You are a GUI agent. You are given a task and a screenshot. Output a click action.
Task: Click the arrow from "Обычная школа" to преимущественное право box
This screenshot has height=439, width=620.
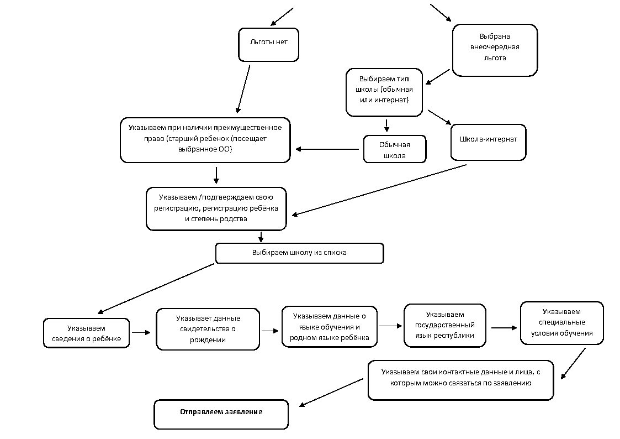327,149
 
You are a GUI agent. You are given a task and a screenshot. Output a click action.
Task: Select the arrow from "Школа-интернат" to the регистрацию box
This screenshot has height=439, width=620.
379,190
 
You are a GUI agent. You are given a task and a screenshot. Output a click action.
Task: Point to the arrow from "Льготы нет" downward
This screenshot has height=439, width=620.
243,89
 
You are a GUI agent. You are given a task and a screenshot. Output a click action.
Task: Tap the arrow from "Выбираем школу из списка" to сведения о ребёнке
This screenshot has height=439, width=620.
156,289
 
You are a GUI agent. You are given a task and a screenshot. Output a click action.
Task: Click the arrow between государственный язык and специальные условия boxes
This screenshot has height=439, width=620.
504,328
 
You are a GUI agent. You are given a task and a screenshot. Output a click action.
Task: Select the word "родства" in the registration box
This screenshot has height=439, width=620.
234,219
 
